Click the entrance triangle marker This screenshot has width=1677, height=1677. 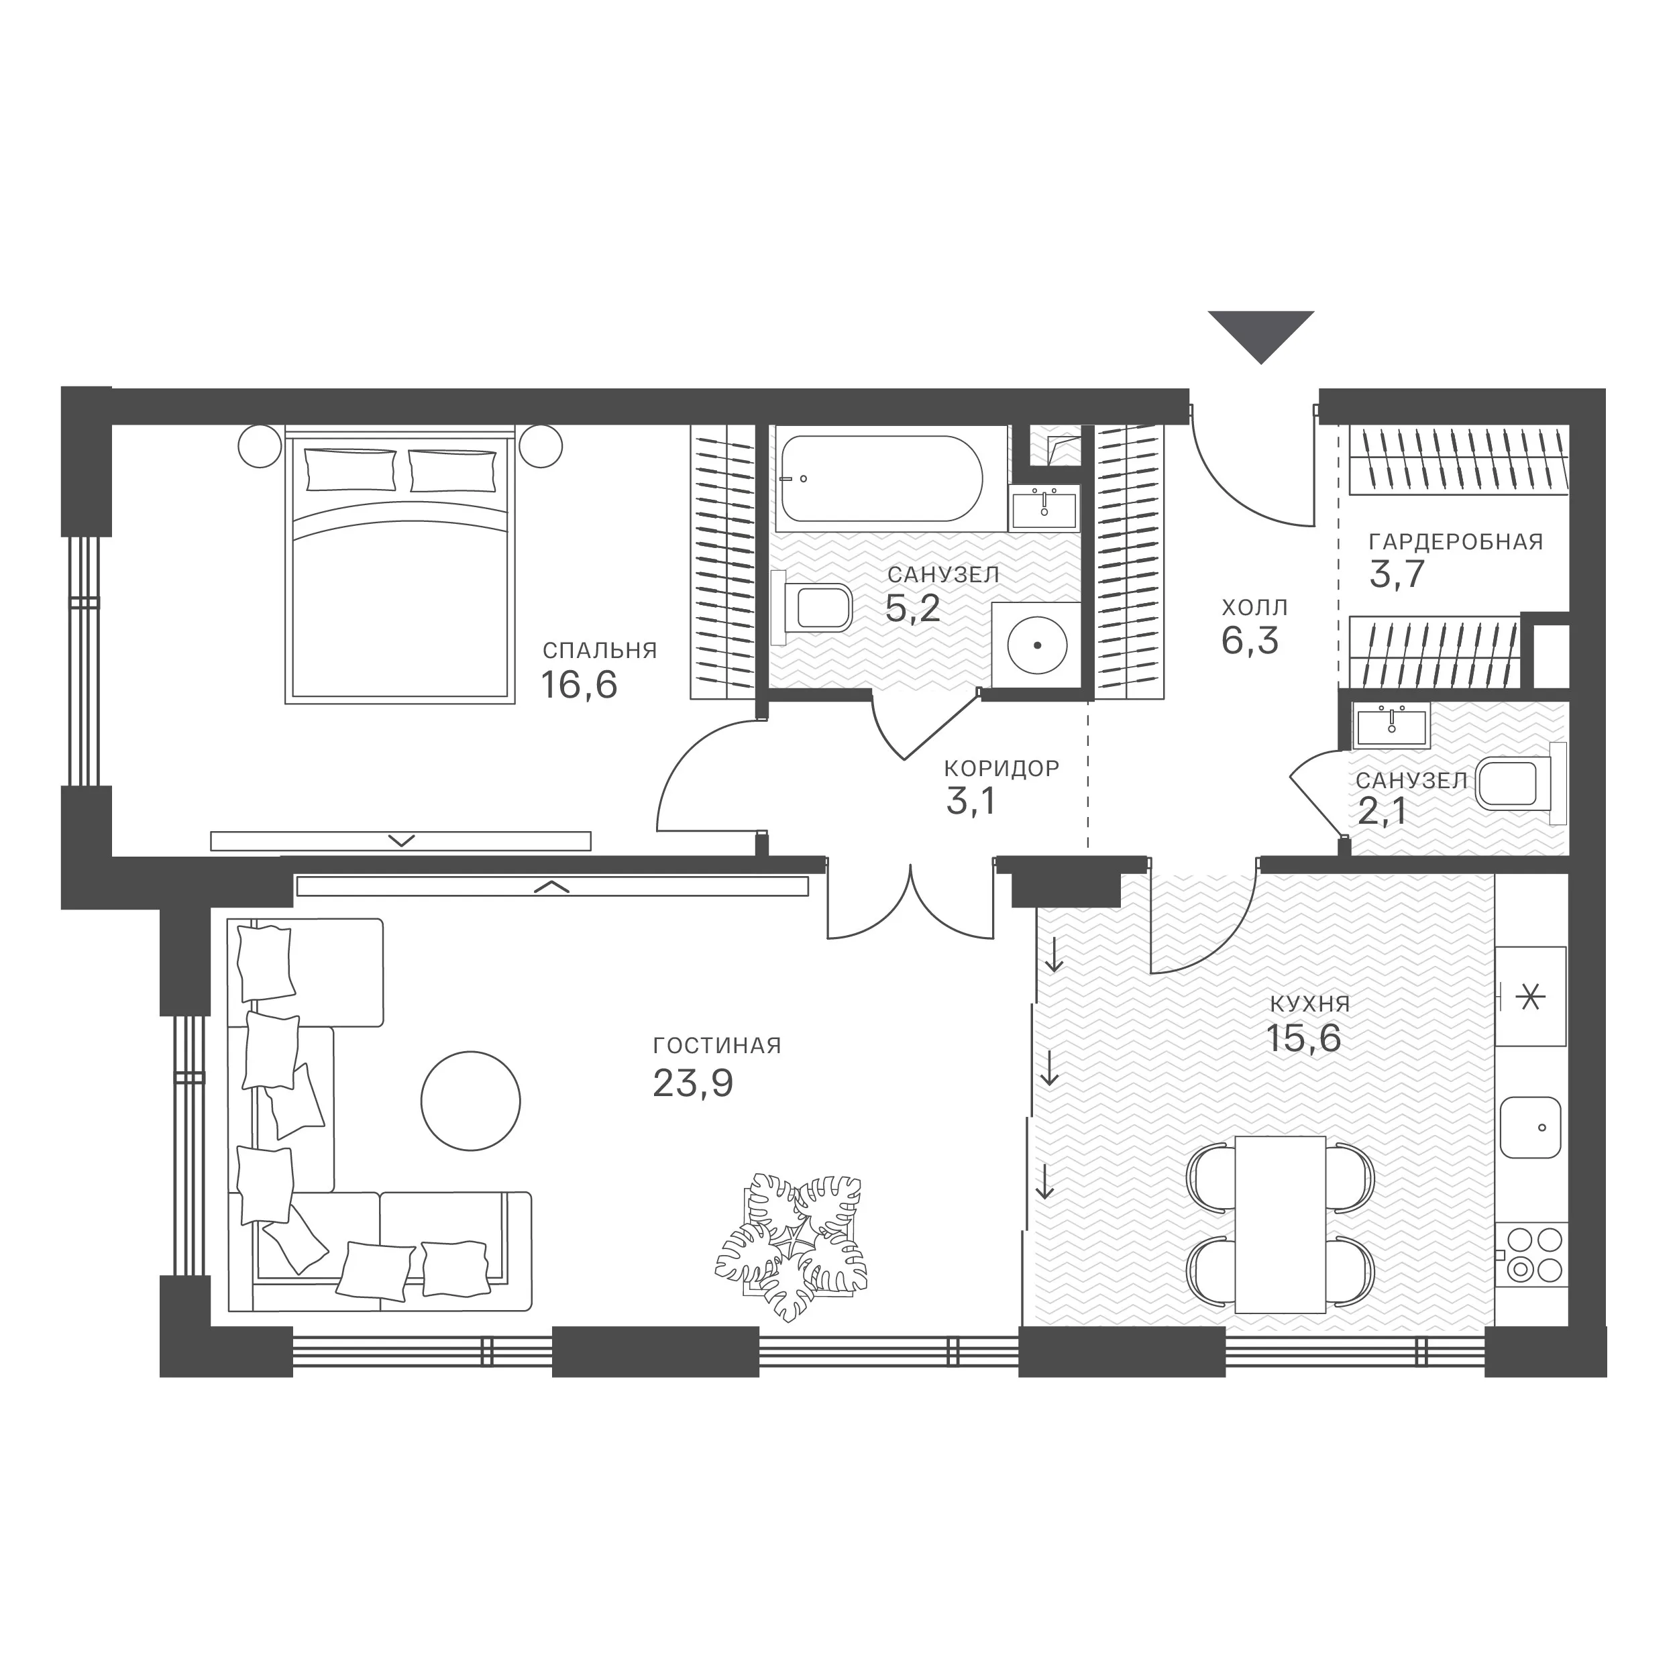1261,334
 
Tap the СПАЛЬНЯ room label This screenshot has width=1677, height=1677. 600,650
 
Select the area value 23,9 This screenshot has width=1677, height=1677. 693,1083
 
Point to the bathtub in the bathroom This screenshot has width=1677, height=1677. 881,478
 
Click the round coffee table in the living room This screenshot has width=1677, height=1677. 470,1101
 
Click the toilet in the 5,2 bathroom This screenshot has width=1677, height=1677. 816,607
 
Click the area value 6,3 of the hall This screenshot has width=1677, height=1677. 1250,641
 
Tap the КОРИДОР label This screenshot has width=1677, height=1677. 1002,768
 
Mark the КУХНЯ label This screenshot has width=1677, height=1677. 1310,1004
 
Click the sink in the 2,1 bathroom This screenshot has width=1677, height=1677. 1391,727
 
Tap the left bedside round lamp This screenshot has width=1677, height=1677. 260,446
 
